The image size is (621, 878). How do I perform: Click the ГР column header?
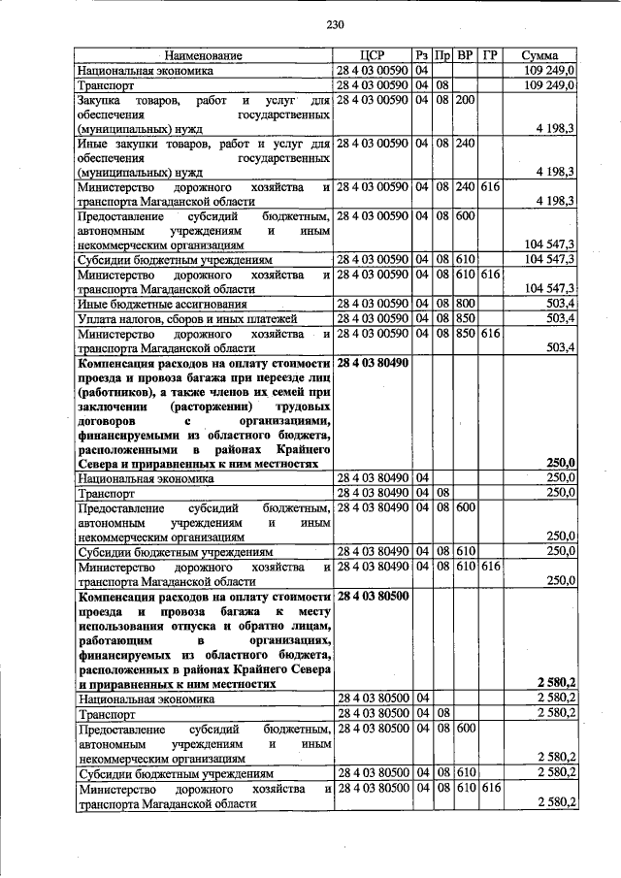[x=489, y=56]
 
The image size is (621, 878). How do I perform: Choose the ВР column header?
[x=465, y=56]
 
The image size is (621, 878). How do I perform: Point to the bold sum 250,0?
[x=561, y=463]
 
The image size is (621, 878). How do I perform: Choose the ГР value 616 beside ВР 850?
[x=489, y=334]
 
